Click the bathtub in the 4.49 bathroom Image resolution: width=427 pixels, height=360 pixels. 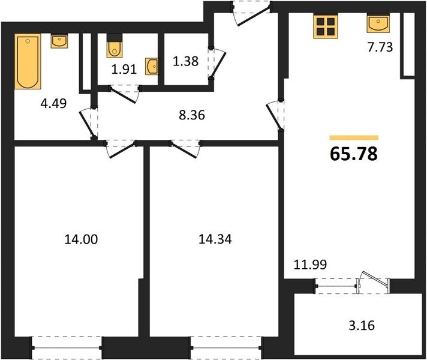[x=28, y=61]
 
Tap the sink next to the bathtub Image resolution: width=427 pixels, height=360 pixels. [x=59, y=41]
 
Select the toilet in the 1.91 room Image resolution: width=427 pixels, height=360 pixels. [x=115, y=46]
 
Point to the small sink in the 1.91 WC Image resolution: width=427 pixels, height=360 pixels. [x=151, y=66]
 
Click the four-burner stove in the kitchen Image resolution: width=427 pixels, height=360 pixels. [x=326, y=27]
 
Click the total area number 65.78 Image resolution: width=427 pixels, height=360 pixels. [x=354, y=154]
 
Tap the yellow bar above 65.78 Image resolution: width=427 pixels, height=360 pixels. [x=354, y=137]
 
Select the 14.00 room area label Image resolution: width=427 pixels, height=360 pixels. [x=81, y=239]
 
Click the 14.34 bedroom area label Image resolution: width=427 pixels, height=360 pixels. [x=215, y=239]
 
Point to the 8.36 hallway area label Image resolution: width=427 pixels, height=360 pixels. [x=192, y=115]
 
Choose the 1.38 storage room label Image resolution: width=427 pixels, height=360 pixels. [x=185, y=61]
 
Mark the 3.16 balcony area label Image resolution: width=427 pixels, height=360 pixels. [x=362, y=325]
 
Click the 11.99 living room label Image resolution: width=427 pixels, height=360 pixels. [x=310, y=265]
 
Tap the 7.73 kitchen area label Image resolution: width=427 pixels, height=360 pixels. [x=380, y=47]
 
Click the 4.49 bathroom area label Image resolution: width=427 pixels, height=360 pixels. [x=53, y=104]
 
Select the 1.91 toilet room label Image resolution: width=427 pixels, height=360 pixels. [x=124, y=70]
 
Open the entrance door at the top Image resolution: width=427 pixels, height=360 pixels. [x=251, y=13]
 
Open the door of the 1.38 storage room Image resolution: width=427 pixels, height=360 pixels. [x=217, y=62]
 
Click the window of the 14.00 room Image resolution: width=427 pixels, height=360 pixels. [x=67, y=348]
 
